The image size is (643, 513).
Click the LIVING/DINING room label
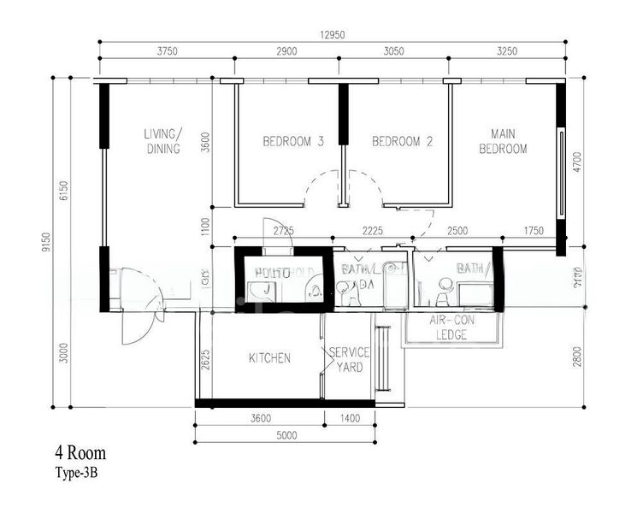pyautogui.click(x=162, y=141)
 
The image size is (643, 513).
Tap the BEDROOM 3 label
pyautogui.click(x=292, y=142)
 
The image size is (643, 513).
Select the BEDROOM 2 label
pyautogui.click(x=402, y=142)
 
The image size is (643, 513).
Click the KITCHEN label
pyautogui.click(x=269, y=358)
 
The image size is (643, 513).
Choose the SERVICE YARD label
pyautogui.click(x=348, y=359)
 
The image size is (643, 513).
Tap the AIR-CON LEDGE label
pyautogui.click(x=451, y=328)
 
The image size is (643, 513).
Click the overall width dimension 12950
pyautogui.click(x=333, y=35)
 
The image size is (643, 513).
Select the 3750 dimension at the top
pyautogui.click(x=167, y=51)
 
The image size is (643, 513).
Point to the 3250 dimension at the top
pyautogui.click(x=506, y=51)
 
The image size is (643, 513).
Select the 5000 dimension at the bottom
pyautogui.click(x=286, y=435)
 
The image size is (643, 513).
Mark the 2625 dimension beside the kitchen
pyautogui.click(x=205, y=359)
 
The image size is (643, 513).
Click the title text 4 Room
pyautogui.click(x=80, y=453)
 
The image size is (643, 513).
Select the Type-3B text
pyautogui.click(x=77, y=471)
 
